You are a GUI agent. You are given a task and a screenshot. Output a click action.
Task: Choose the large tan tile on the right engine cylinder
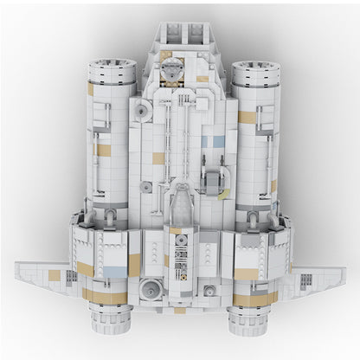[x=248, y=116]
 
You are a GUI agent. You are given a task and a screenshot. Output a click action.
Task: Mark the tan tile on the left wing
[x=55, y=274]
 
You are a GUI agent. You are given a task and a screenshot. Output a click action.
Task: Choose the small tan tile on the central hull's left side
[x=158, y=156]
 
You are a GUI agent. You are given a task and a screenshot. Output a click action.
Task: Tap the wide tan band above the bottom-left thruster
[x=104, y=294]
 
